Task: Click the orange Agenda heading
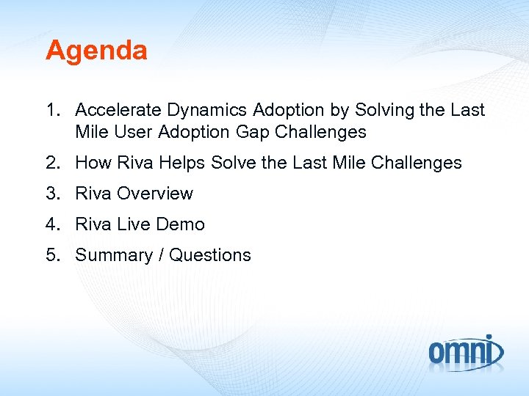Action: (x=96, y=51)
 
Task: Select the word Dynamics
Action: (x=207, y=110)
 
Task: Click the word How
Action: (x=92, y=163)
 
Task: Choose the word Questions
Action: (x=210, y=255)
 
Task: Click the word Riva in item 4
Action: (x=93, y=224)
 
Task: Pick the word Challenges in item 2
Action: (x=417, y=163)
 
